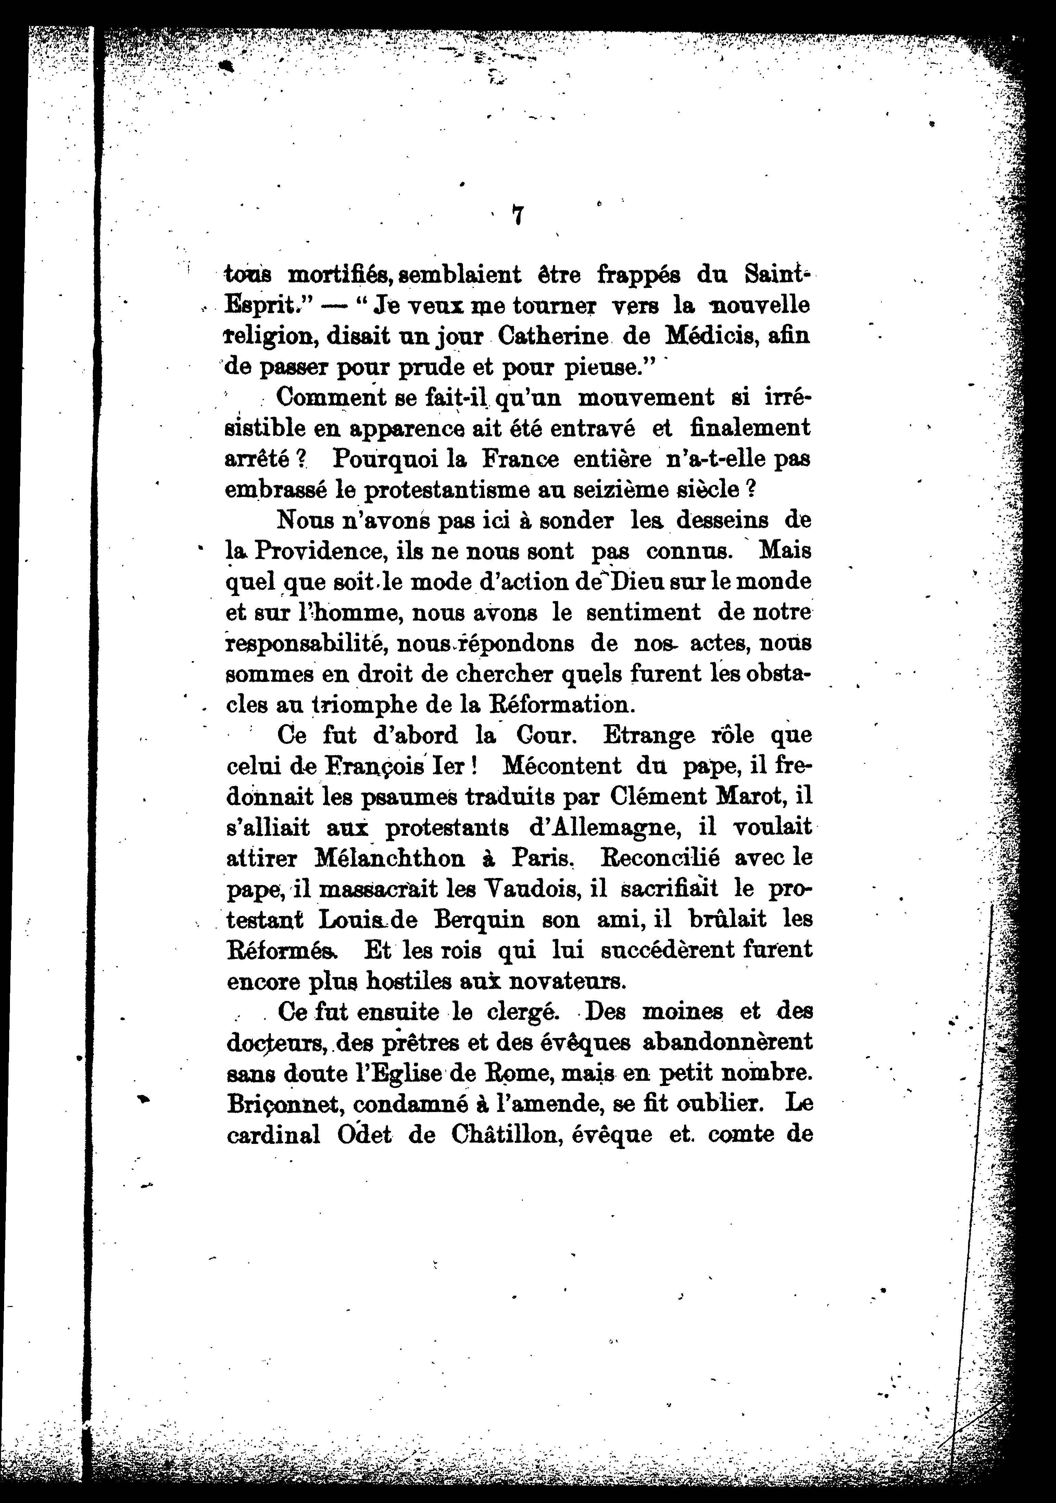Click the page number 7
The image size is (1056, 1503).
tap(517, 216)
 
